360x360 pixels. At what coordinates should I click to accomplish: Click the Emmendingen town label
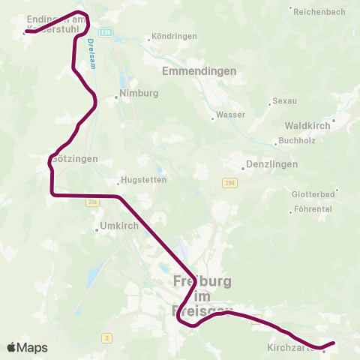tap(199, 71)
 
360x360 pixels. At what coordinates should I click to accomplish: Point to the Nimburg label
tap(140, 94)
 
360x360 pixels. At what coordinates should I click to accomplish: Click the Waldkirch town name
tap(307, 127)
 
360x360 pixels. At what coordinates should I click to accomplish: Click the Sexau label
tap(284, 100)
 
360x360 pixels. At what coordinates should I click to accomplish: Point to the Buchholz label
tap(295, 140)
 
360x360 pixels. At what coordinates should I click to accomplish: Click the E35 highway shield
tap(106, 32)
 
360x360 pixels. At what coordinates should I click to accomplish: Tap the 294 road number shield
tap(229, 183)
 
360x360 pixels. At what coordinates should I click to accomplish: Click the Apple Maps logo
tap(27, 348)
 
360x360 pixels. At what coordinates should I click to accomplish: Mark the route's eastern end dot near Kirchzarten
tap(333, 343)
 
